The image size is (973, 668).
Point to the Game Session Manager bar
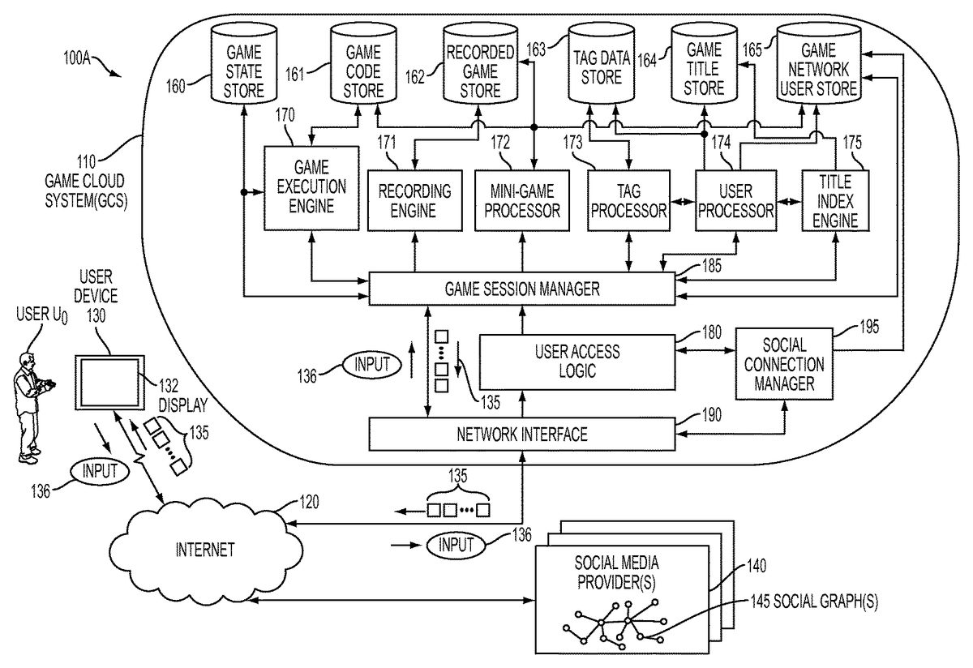click(x=522, y=288)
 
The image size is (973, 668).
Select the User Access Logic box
click(x=577, y=362)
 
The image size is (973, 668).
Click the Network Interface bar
click(x=522, y=434)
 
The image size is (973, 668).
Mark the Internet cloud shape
click(x=205, y=549)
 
